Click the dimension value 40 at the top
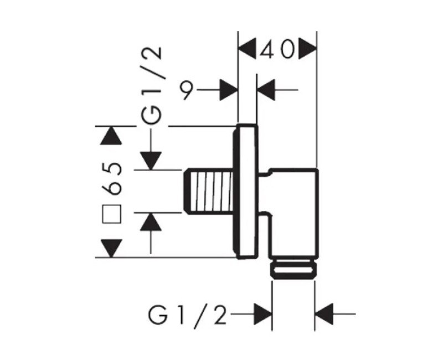pyautogui.click(x=276, y=50)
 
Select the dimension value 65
pyautogui.click(x=112, y=178)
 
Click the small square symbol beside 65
pyautogui.click(x=112, y=214)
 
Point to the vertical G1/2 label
pyautogui.click(x=152, y=86)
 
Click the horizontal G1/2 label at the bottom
pyautogui.click(x=188, y=314)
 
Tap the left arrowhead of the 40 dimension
pyautogui.click(x=248, y=49)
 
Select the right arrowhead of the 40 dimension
pyautogui.click(x=307, y=49)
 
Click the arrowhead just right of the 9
pyautogui.click(x=228, y=90)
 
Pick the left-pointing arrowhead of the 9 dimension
pyautogui.click(x=266, y=90)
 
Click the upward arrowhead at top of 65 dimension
pyautogui.click(x=111, y=136)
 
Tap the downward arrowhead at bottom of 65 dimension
pyautogui.click(x=112, y=248)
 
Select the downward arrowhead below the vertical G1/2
pyautogui.click(x=151, y=161)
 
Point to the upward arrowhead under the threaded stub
pyautogui.click(x=151, y=222)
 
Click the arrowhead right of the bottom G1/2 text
pyautogui.click(x=262, y=314)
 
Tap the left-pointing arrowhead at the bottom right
pyautogui.click(x=324, y=314)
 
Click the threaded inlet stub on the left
pyautogui.click(x=209, y=191)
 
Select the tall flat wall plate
pyautogui.click(x=245, y=192)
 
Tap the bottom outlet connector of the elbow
pyautogui.click(x=293, y=269)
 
